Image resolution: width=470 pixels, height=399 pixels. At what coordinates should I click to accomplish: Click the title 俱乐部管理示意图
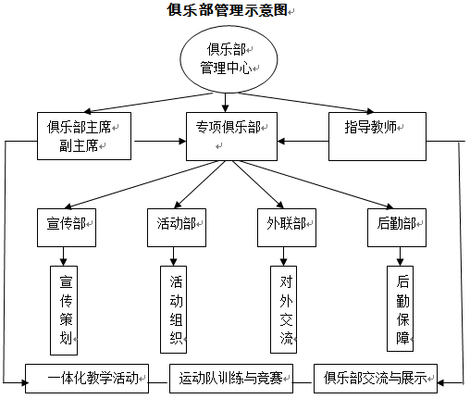click(228, 9)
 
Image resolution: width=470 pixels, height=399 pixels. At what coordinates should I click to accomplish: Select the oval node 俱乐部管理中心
click(229, 59)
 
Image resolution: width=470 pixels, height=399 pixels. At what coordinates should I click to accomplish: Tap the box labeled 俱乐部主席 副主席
click(84, 136)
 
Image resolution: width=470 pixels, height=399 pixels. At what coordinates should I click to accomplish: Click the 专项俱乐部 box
click(231, 136)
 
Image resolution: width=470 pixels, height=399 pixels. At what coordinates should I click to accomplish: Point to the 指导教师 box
click(377, 136)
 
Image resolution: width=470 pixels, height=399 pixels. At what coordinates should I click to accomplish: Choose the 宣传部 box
click(67, 228)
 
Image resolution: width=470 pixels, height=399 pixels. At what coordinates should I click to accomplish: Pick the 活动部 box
click(177, 228)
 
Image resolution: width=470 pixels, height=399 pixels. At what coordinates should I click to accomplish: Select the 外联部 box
click(287, 228)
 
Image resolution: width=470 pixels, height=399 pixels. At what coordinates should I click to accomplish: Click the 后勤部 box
click(397, 228)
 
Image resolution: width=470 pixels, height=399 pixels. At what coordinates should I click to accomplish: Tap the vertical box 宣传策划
click(64, 310)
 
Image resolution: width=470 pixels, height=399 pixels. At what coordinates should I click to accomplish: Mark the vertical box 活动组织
click(173, 309)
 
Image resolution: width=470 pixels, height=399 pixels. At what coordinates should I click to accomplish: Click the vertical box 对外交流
click(283, 309)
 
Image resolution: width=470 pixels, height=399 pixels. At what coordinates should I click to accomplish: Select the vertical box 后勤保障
click(400, 308)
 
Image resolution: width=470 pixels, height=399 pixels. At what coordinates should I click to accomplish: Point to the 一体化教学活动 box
click(87, 379)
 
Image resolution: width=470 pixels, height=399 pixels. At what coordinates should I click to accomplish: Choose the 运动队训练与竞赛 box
click(231, 379)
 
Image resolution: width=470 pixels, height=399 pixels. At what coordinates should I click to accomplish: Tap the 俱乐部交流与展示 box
click(376, 379)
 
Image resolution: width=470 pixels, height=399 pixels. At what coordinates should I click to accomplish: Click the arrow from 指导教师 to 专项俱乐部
click(303, 142)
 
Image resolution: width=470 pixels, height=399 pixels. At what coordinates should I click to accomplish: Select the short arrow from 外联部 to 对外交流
click(283, 256)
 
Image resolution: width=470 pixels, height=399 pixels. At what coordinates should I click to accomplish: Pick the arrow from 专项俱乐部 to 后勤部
click(315, 184)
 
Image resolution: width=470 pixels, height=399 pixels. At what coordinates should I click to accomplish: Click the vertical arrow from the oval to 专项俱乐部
click(225, 103)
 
